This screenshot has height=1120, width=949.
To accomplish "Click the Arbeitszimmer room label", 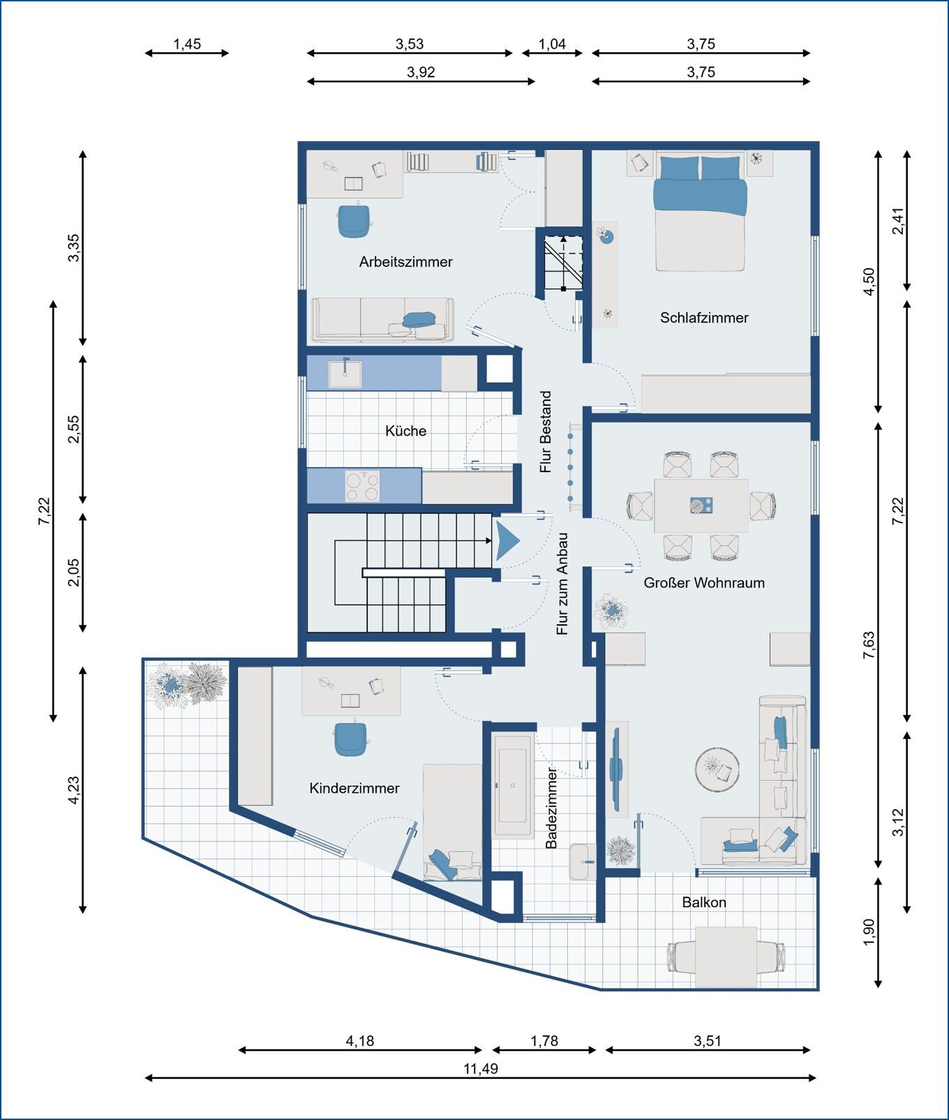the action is tap(405, 262).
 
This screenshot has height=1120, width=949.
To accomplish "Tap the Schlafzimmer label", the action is tap(704, 318).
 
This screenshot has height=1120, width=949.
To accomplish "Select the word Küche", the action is tap(405, 431).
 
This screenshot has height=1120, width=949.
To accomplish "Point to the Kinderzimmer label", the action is tap(354, 788).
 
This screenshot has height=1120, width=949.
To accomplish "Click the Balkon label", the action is tap(704, 902).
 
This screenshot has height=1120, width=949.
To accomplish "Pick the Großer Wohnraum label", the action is tap(704, 582).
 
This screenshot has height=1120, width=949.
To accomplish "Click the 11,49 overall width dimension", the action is tap(481, 1069).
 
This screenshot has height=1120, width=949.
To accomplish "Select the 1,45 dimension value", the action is tap(187, 44).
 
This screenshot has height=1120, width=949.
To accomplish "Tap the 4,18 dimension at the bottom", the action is tap(360, 1041).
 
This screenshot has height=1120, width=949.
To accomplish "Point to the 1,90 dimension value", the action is tap(869, 933).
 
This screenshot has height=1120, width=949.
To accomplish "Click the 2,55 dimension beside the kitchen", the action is tap(73, 429).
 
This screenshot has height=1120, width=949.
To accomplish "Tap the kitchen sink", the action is tap(345, 374).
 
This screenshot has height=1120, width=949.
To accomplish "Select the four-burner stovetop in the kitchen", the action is tap(363, 486).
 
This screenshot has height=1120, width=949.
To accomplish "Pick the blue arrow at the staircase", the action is tap(507, 541).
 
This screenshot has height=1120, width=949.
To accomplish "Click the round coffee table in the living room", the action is tap(717, 769).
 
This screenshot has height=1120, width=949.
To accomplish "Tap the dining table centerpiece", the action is tap(701, 506).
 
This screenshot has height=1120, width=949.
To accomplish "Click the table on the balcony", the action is tap(726, 957).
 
